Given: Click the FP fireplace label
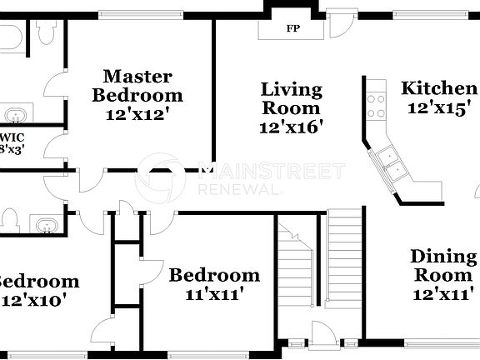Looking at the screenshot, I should click(292, 28).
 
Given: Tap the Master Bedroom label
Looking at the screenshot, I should click(137, 85).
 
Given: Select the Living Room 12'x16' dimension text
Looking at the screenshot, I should click(291, 127).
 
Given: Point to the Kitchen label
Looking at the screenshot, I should click(439, 89).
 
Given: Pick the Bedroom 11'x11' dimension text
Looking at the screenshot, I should click(214, 293).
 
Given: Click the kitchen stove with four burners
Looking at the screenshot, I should click(376, 104).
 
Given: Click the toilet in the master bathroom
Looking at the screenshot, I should click(46, 31).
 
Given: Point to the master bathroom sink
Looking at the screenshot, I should click(15, 115).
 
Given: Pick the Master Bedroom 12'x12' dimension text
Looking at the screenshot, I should click(137, 115).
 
